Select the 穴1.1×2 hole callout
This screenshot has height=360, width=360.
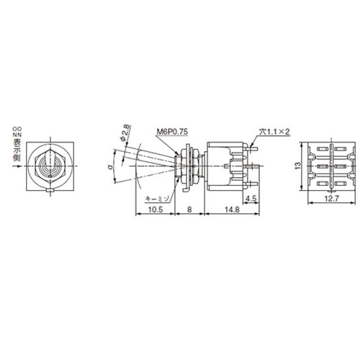(x=274, y=132)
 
